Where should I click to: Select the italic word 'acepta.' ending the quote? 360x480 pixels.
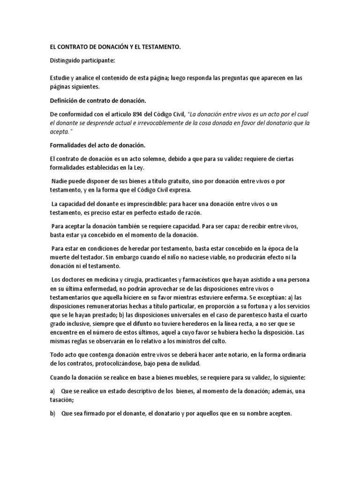click(60, 132)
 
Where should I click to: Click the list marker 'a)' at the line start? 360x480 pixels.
click(52, 391)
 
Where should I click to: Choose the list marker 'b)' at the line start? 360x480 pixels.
click(52, 413)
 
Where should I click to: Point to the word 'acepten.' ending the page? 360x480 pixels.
click(277, 413)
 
